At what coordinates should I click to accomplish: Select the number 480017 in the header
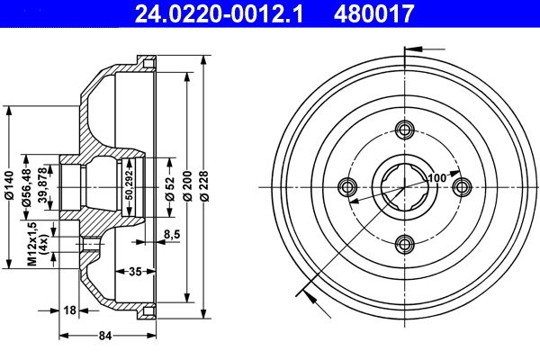tap(375, 13)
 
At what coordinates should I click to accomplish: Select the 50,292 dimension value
tap(130, 186)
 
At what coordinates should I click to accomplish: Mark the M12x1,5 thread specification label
tap(31, 245)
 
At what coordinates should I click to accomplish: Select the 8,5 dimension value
tap(171, 236)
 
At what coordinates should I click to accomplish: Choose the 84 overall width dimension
tap(104, 337)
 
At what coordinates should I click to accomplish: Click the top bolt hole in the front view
tap(404, 129)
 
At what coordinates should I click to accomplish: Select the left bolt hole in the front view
tap(347, 186)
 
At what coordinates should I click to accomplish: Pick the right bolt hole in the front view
tap(462, 186)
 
